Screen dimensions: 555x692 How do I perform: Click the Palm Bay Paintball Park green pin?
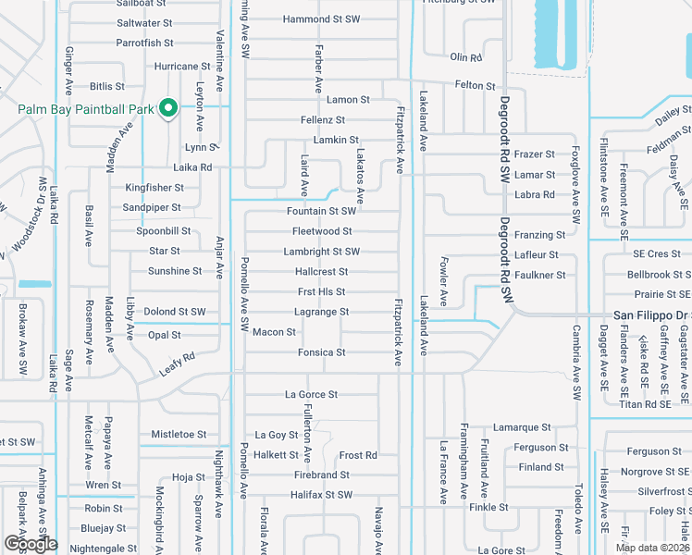point(168,108)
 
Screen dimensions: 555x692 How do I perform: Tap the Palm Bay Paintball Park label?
point(85,109)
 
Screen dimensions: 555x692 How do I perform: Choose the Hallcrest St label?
point(321,272)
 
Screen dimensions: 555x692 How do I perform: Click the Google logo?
point(31,543)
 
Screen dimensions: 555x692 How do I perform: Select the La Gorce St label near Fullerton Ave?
point(310,395)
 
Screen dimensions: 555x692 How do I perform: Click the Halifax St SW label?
point(321,495)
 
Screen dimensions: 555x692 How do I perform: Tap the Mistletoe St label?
point(179,434)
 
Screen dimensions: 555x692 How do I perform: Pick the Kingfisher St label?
point(154,188)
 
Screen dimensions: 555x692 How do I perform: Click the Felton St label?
point(476,85)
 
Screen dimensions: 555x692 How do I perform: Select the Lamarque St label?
point(522,427)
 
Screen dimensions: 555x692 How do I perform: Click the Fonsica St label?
point(321,352)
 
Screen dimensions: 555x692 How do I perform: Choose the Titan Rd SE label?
point(644,404)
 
